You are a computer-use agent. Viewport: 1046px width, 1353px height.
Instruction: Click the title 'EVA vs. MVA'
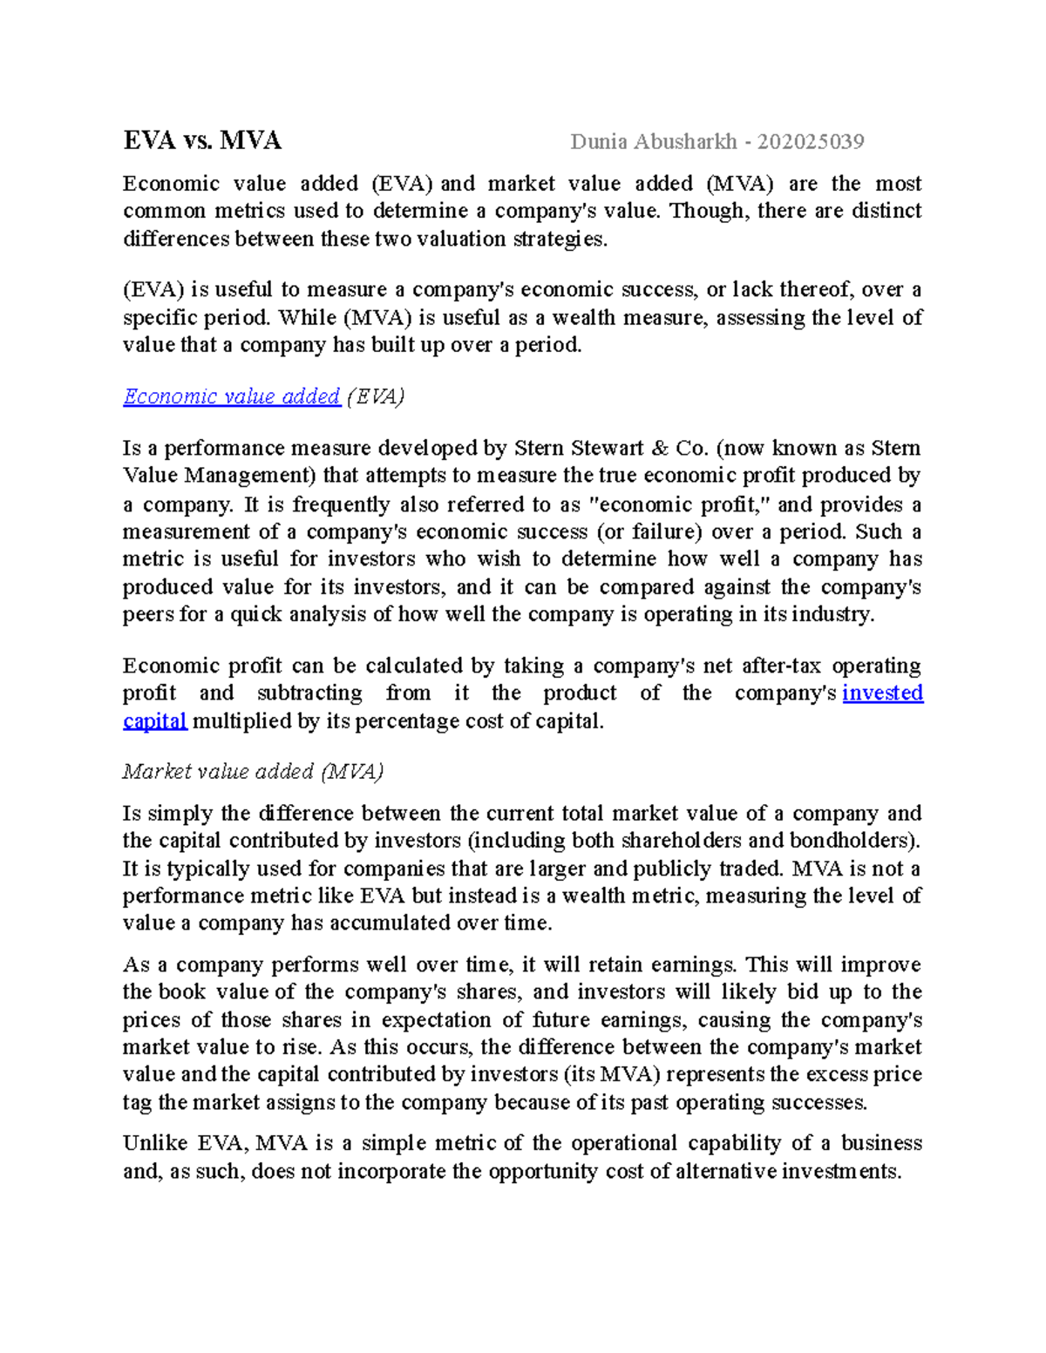click(x=202, y=141)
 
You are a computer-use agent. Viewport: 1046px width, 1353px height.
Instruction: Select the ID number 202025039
click(x=810, y=141)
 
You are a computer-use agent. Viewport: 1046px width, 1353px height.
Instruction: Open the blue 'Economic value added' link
click(x=231, y=396)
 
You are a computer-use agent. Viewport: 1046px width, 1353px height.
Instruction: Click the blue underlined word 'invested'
click(x=882, y=693)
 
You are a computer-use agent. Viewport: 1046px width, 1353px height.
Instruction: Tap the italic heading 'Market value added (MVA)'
click(x=253, y=771)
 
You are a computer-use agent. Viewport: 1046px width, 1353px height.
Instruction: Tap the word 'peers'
click(x=147, y=615)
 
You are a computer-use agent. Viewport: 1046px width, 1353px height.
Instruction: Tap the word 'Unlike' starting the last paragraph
click(x=154, y=1143)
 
